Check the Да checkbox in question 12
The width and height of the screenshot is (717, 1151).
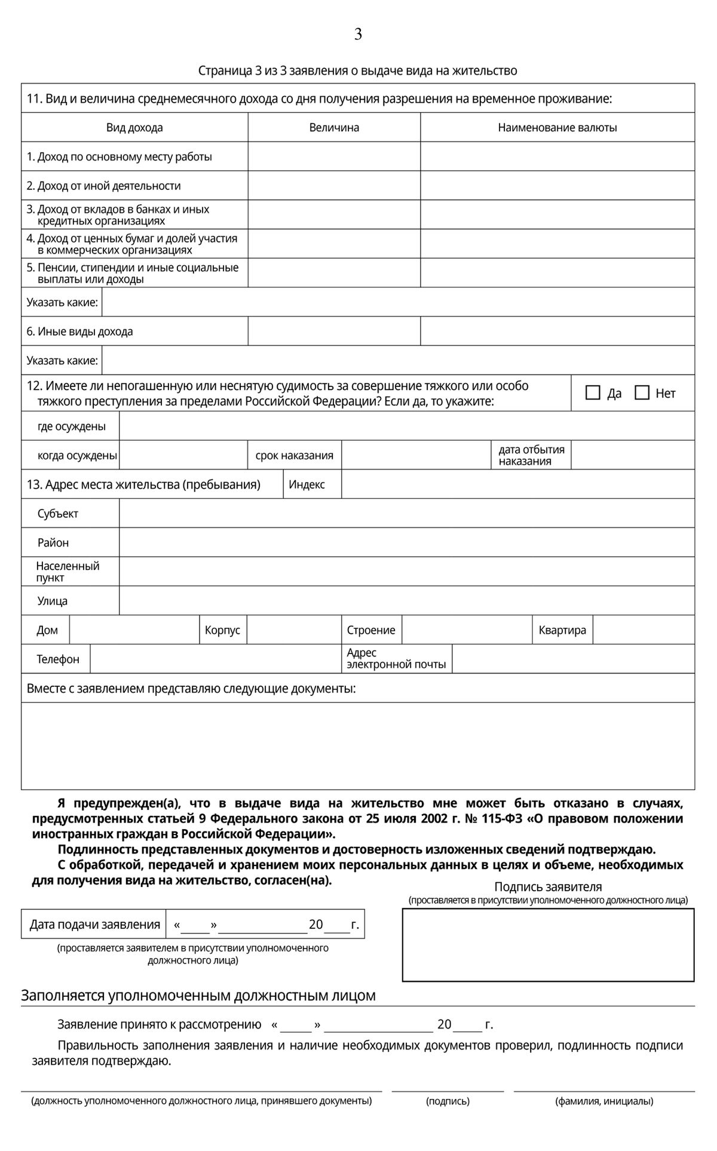(x=593, y=392)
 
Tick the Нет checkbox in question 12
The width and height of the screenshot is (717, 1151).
(x=642, y=392)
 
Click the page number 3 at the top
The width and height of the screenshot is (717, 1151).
(x=358, y=35)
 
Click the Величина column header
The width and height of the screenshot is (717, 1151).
(x=334, y=127)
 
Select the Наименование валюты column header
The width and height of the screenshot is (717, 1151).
(x=557, y=127)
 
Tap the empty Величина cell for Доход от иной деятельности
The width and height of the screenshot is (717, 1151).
(x=334, y=185)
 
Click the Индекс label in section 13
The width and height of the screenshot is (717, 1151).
(x=307, y=484)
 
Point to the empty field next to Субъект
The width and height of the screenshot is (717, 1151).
(x=406, y=513)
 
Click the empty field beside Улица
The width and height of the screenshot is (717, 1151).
(x=406, y=600)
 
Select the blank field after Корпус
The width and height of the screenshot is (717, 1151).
(x=293, y=630)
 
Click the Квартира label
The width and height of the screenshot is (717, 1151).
(x=562, y=630)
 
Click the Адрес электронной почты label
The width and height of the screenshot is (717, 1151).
(x=396, y=659)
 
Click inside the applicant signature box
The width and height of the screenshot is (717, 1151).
(x=548, y=945)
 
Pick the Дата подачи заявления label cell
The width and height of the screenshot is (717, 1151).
(x=94, y=925)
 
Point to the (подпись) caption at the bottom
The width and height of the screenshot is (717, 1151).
(x=448, y=1101)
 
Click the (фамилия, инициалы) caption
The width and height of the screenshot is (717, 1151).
(x=604, y=1101)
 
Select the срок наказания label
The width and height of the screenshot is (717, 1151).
(x=294, y=456)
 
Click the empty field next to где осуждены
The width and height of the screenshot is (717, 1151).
(x=406, y=426)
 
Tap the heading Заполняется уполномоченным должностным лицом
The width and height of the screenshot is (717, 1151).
(x=198, y=996)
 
